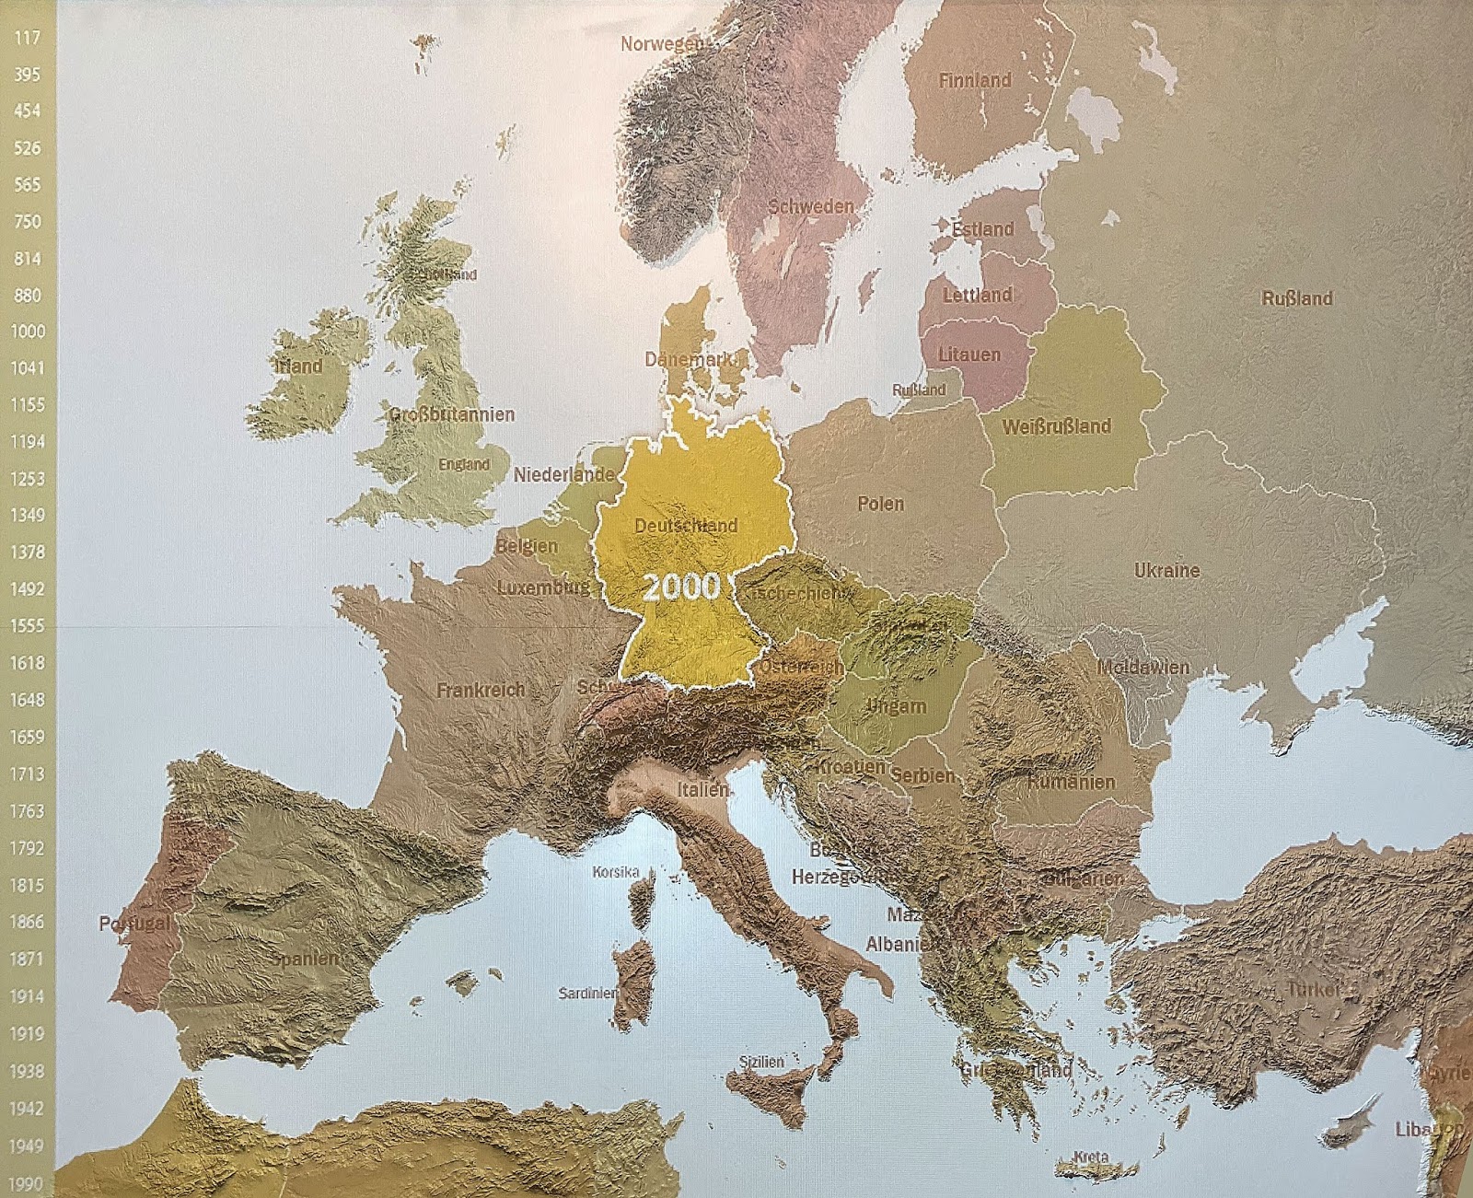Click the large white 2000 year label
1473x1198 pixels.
click(x=681, y=587)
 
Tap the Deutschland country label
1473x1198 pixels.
click(x=686, y=526)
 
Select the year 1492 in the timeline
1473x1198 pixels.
click(x=28, y=589)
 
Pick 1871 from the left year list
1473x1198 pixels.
click(x=28, y=959)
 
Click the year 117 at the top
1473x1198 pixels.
click(x=28, y=38)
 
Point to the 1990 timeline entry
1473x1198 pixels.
click(x=28, y=1184)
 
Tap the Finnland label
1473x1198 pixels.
click(x=975, y=81)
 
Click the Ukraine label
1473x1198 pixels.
click(x=1166, y=571)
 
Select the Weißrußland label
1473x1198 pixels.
click(x=1056, y=426)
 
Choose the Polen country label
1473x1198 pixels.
click(x=881, y=504)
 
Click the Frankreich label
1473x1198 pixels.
click(x=481, y=690)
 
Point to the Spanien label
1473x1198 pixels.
click(x=305, y=959)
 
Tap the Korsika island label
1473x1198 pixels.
click(x=616, y=871)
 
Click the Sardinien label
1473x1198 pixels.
click(x=587, y=993)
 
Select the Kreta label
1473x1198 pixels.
click(x=1091, y=1157)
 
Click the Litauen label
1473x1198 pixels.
click(x=968, y=355)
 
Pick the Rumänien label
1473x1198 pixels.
click(x=1071, y=782)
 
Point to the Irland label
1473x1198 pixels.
click(x=299, y=366)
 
